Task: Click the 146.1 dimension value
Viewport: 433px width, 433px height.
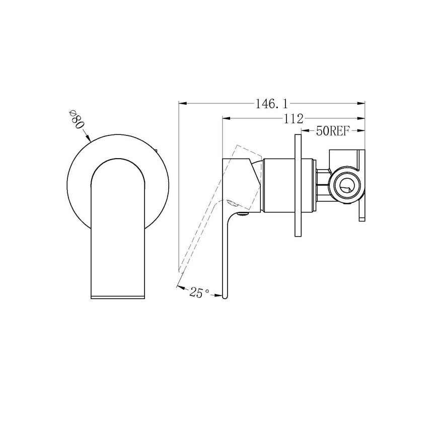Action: click(271, 104)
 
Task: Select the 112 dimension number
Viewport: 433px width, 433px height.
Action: click(293, 119)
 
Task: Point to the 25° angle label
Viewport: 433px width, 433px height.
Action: click(199, 292)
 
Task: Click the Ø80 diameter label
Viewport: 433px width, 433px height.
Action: click(76, 121)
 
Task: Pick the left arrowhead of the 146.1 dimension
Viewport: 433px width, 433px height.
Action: click(183, 104)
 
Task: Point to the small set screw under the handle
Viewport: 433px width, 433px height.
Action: click(245, 213)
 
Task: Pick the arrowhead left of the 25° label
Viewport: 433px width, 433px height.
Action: click(180, 286)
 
